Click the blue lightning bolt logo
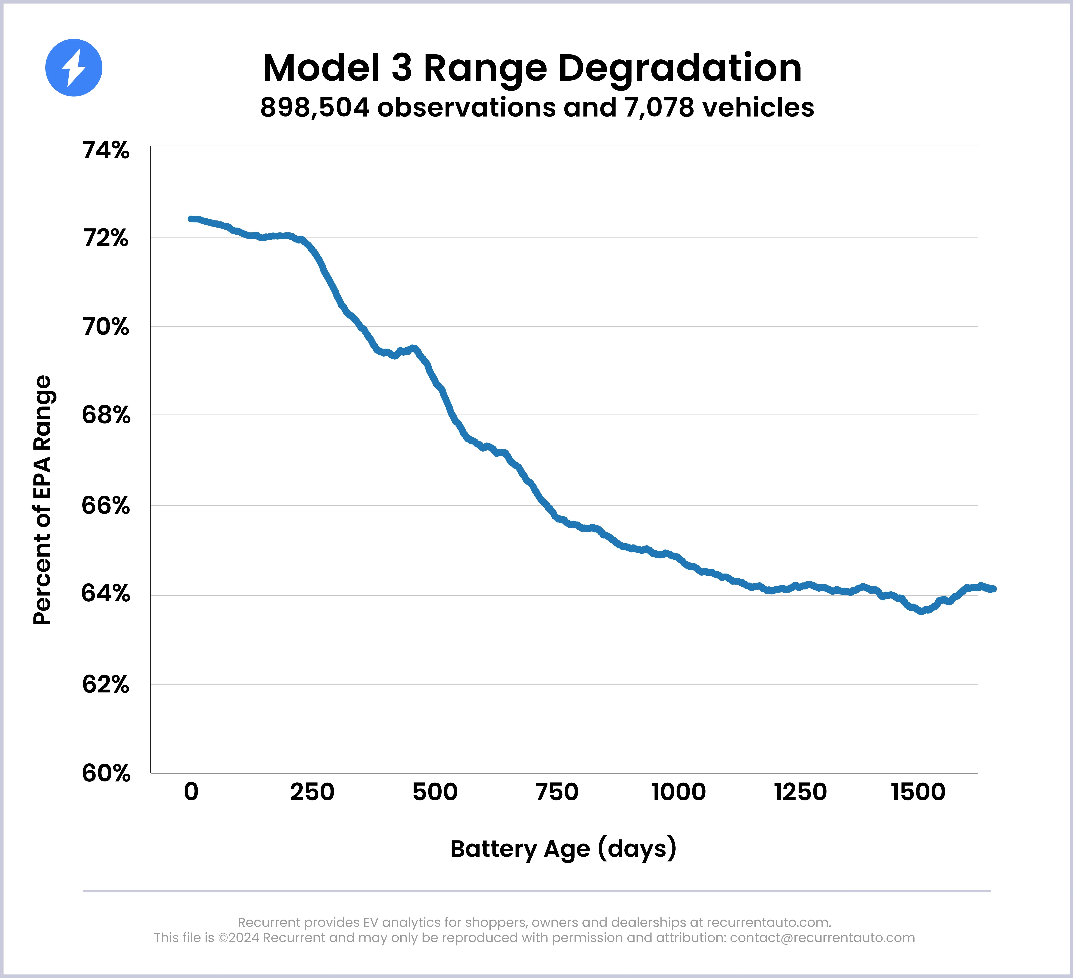point(74,68)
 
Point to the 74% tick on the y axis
point(106,151)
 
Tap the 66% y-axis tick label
point(106,505)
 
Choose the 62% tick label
point(106,685)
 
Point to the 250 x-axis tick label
point(312,792)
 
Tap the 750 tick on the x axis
point(557,792)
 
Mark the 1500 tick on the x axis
point(918,792)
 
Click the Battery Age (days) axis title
point(563,849)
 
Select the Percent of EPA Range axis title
point(43,500)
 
